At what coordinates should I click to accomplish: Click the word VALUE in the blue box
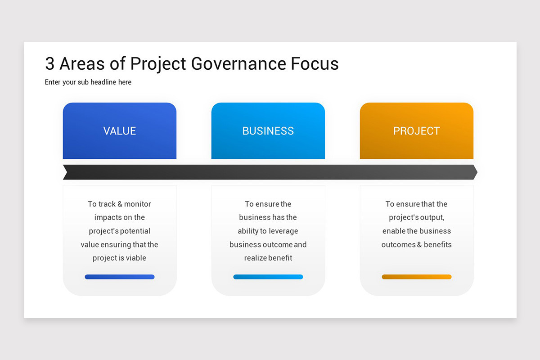point(119,131)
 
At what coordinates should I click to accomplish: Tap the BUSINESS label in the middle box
point(268,131)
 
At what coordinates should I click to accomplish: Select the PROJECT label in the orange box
point(416,131)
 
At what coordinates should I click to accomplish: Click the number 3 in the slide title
point(50,64)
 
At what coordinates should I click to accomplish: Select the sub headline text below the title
point(88,82)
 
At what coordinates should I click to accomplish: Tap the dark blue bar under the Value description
point(119,277)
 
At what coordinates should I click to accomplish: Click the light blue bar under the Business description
point(268,277)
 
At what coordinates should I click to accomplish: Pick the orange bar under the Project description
point(416,277)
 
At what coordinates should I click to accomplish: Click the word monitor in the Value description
point(138,204)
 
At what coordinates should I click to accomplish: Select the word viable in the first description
point(136,258)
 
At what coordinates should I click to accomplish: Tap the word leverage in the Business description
point(283,231)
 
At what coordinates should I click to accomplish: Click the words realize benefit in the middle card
point(268,258)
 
